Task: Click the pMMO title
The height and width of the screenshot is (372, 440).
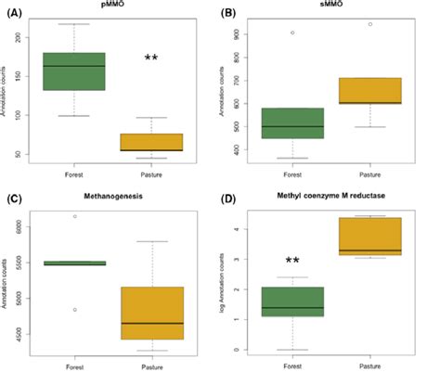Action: [113, 6]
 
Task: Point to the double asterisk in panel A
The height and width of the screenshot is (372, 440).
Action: [150, 59]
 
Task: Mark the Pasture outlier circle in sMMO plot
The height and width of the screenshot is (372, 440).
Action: [369, 24]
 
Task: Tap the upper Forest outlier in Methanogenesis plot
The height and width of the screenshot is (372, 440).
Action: [74, 216]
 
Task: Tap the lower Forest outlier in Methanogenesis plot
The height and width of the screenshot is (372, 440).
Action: [74, 284]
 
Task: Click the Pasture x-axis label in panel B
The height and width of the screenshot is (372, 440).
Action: [369, 173]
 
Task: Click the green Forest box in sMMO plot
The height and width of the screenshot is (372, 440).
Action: [294, 122]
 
